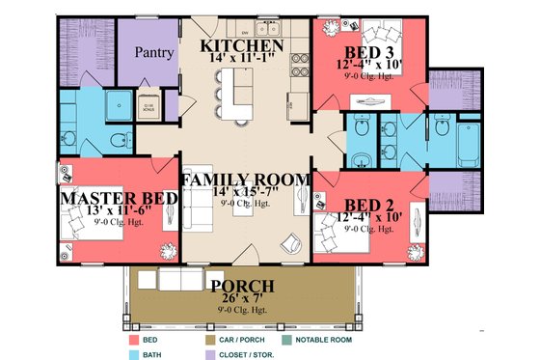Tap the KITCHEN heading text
[240, 45]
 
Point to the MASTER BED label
[119, 198]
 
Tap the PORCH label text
[242, 286]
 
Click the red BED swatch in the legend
[134, 340]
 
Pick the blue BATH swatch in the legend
[134, 352]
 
